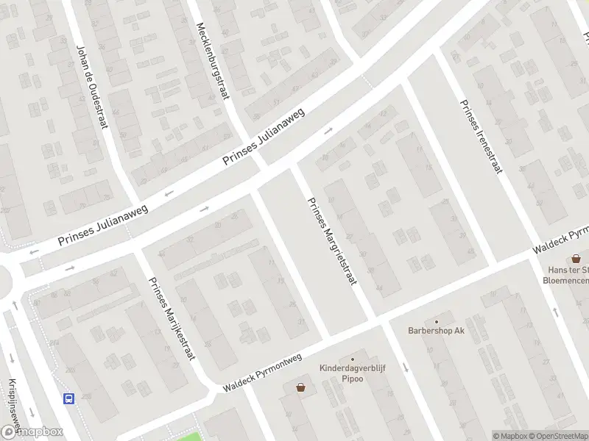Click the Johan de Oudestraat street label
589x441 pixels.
tap(92, 87)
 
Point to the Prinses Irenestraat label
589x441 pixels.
tap(480, 137)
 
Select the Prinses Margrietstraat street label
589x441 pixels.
tap(331, 241)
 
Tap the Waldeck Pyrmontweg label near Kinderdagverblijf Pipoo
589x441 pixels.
tap(263, 373)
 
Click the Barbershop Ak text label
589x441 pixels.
tap(437, 331)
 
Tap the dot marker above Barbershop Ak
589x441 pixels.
tap(437, 320)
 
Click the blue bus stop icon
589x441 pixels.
tap(69, 399)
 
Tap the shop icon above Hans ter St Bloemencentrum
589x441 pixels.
tap(576, 259)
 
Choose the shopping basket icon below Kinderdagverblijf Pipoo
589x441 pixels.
tap(301, 387)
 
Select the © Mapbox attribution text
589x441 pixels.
tap(512, 436)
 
